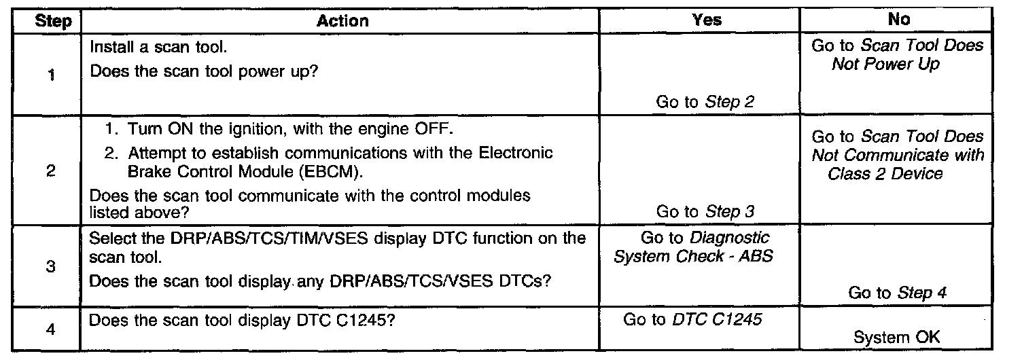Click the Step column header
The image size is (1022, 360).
[x=53, y=21]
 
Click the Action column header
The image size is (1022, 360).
[x=343, y=21]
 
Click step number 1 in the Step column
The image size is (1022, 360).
[x=52, y=75]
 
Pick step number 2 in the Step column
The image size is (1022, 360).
[x=52, y=172]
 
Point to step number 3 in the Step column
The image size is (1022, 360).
[x=52, y=267]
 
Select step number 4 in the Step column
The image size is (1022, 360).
[x=52, y=329]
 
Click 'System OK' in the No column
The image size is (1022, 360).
[x=898, y=338]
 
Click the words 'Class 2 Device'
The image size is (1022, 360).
[x=885, y=174]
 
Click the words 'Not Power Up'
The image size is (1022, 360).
[x=885, y=65]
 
